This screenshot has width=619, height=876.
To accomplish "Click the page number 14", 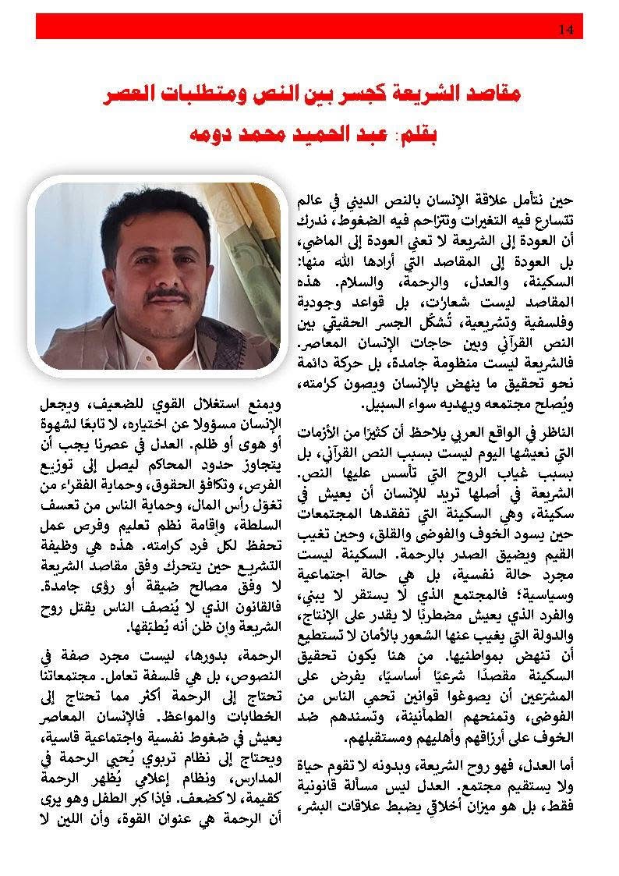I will (567, 30).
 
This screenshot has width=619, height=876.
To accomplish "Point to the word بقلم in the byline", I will (419, 134).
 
